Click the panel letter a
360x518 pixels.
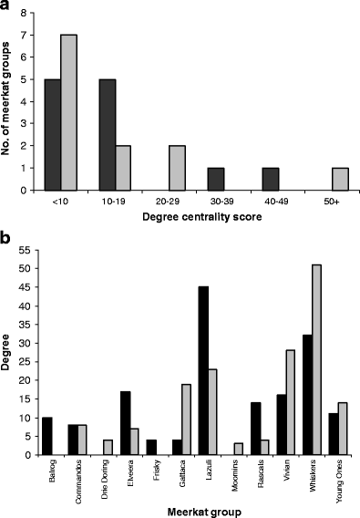click(7, 7)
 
